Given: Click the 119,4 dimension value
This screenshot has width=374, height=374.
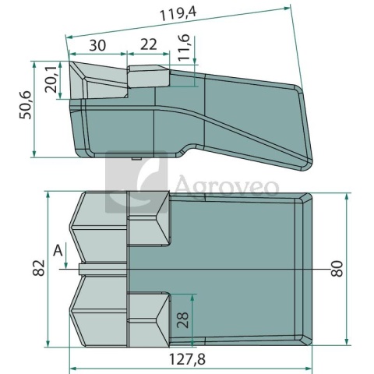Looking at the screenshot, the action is point(178,14).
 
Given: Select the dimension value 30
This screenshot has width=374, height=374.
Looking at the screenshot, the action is point(97,45).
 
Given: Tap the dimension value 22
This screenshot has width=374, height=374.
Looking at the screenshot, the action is point(149,44).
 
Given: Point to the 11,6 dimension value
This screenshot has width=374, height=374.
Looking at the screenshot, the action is point(184,48).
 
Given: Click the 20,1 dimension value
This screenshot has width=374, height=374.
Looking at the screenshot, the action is point(51,79).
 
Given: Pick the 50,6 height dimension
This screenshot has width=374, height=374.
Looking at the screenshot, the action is point(25,105).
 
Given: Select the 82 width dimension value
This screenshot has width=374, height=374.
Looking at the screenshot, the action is point(39,267).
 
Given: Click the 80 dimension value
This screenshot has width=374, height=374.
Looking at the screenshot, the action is point(337,269).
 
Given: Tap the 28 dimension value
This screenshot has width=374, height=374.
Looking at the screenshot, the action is point(182,319).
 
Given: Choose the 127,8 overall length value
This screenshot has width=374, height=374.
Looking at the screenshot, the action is point(187,359).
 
